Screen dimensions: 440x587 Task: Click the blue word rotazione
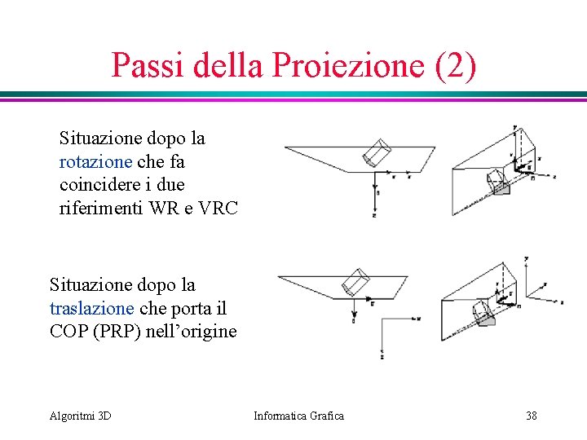click(x=95, y=161)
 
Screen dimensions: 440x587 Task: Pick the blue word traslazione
click(x=91, y=309)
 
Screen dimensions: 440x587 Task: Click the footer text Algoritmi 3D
click(x=81, y=416)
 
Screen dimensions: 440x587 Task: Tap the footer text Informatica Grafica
click(x=298, y=416)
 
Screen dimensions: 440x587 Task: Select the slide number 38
click(x=532, y=416)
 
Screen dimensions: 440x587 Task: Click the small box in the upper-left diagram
click(x=377, y=153)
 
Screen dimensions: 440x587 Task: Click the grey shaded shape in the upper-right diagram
click(x=502, y=188)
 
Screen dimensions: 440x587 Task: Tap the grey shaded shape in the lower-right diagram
click(x=487, y=320)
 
